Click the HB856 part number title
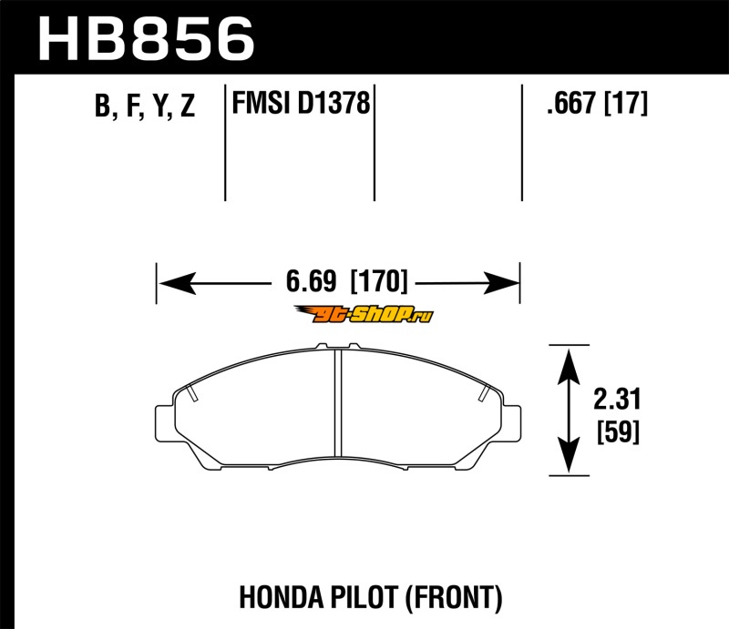[x=146, y=39]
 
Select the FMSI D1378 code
[x=301, y=103]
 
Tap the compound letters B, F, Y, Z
[x=145, y=106]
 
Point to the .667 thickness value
[x=571, y=103]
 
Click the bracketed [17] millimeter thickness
[x=625, y=103]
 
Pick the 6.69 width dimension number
[x=311, y=281]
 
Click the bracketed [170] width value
[x=379, y=281]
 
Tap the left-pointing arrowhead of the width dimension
[x=177, y=283]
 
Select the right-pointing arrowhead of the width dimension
[x=500, y=283]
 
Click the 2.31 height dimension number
[x=617, y=399]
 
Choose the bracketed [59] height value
[x=618, y=431]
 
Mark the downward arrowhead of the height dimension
[x=569, y=455]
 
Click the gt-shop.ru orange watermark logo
[x=364, y=315]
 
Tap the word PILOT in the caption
[x=364, y=597]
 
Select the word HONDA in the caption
[x=281, y=597]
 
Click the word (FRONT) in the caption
[x=454, y=597]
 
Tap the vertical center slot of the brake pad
[x=338, y=403]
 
